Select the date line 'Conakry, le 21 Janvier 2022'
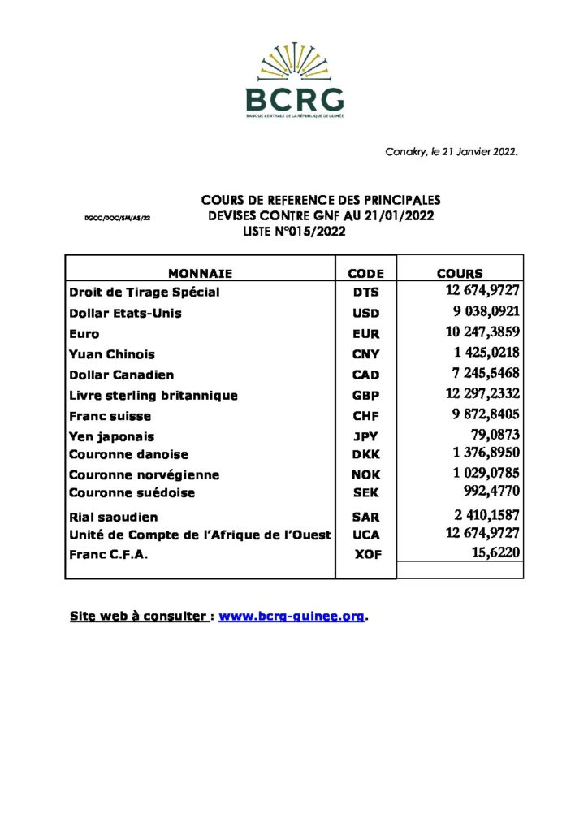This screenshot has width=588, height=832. tap(452, 152)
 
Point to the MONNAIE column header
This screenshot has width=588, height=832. tap(200, 274)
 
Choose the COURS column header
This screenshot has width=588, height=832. tap(460, 274)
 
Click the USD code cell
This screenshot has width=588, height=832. tap(365, 314)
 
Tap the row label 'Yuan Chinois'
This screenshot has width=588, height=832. tap(112, 354)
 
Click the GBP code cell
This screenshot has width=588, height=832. tap(365, 396)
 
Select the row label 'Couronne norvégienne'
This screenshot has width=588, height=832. tap(144, 474)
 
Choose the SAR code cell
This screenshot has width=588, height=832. tap(365, 517)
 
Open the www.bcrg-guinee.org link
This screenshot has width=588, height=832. tap(292, 617)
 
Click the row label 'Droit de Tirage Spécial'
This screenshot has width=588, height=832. tap(145, 292)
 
